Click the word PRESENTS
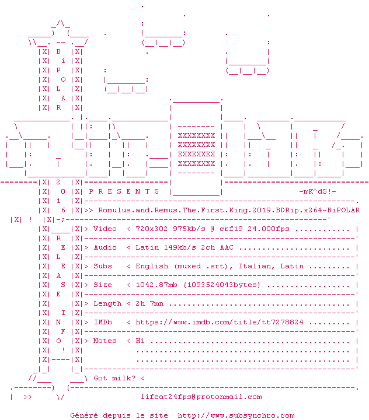(117, 191)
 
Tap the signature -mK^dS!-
(317, 191)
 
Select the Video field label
(105, 229)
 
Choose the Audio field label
(105, 247)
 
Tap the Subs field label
(103, 266)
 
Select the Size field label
(103, 285)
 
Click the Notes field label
(105, 341)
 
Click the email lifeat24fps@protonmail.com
(201, 397)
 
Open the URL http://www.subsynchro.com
(236, 415)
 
